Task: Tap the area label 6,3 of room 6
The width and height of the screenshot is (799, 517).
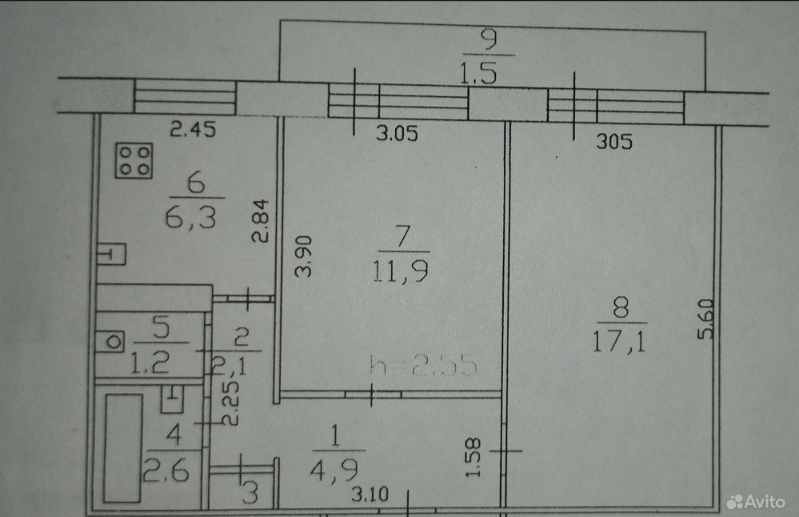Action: (195, 220)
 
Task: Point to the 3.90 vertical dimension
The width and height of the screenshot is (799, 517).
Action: (303, 256)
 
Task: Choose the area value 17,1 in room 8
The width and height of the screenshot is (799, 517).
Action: (620, 343)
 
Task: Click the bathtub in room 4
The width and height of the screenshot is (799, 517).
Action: (123, 447)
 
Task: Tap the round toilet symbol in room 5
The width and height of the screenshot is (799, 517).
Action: (113, 342)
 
